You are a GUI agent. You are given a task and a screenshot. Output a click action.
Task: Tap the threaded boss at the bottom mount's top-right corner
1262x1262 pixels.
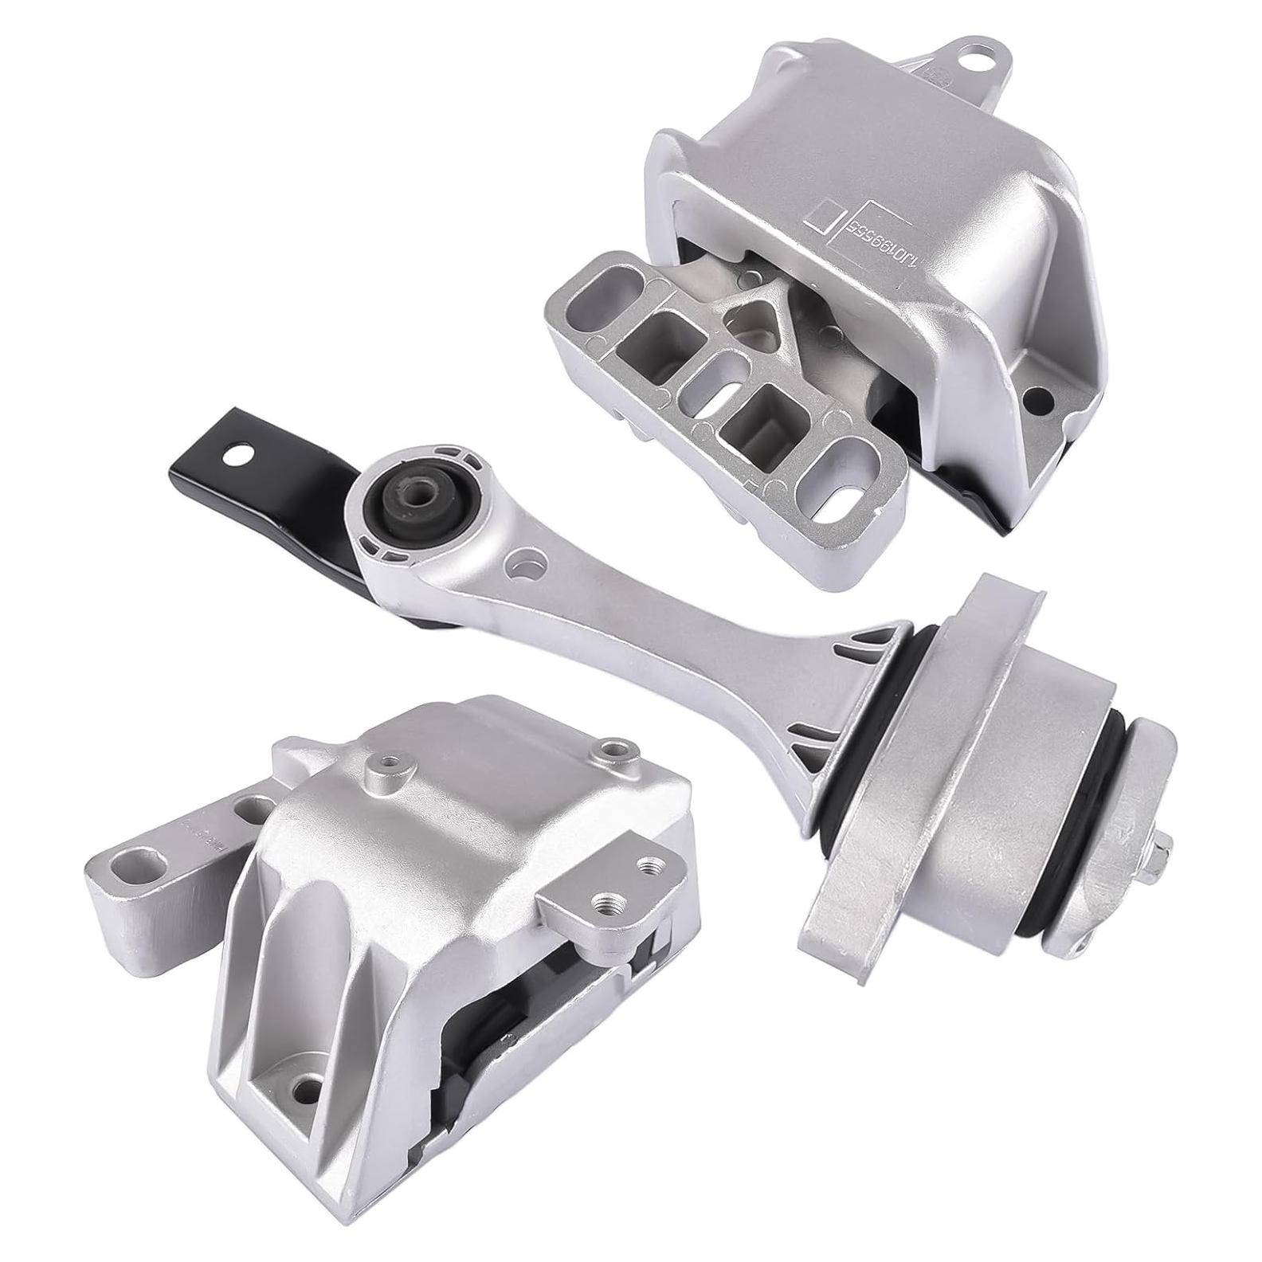(613, 749)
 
